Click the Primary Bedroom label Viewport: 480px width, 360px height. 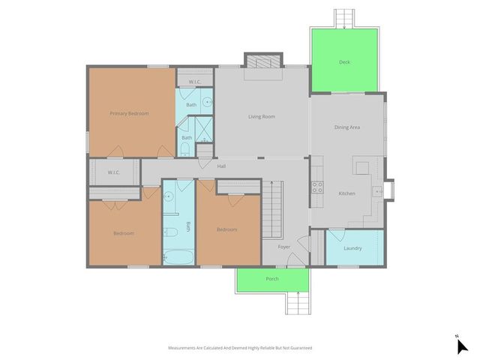[x=129, y=113]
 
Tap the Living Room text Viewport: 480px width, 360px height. [x=262, y=116]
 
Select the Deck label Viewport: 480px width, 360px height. [x=344, y=62]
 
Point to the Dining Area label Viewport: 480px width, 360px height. [x=347, y=127]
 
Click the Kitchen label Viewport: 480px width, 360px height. [x=346, y=193]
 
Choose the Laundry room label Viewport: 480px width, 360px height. [x=352, y=248]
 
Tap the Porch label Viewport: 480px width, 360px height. [x=272, y=279]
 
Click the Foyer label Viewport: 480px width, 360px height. [x=284, y=246]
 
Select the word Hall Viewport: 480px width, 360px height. [x=222, y=166]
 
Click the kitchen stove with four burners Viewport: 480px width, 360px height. [x=317, y=187]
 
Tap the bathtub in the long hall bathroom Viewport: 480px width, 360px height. [x=178, y=256]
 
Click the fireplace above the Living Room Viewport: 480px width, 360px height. [x=263, y=61]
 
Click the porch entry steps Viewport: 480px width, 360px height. [x=297, y=304]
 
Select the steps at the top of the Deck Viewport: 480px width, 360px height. [x=344, y=17]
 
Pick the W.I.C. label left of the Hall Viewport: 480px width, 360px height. [x=114, y=172]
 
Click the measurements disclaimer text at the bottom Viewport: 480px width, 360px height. [x=240, y=348]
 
